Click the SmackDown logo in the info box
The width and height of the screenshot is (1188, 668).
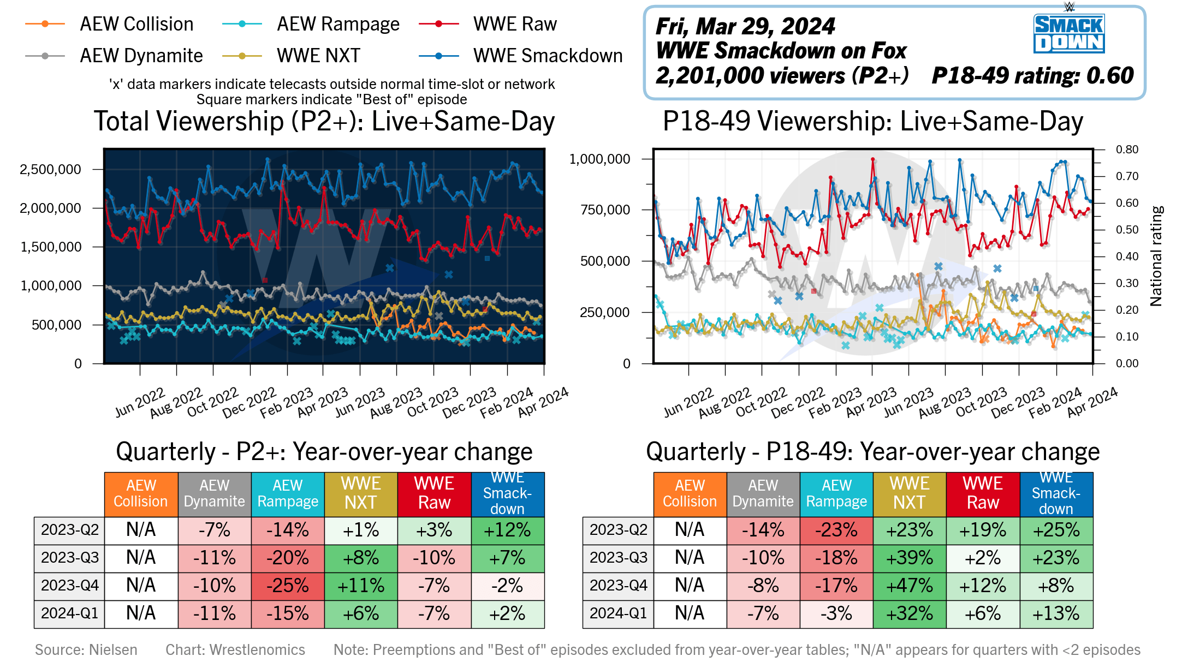coord(1068,33)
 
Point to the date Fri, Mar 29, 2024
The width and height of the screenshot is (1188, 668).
coord(745,26)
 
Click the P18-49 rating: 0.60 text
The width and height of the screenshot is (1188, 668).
coord(1032,75)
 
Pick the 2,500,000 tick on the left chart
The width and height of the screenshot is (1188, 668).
coord(50,169)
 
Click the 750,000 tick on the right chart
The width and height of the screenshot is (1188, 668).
coord(605,210)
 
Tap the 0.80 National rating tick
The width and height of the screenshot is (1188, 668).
coord(1127,150)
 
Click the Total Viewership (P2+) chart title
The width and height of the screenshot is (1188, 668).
coord(324,121)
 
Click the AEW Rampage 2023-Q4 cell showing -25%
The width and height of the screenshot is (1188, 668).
coord(288,586)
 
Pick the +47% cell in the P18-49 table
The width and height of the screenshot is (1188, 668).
coord(910,586)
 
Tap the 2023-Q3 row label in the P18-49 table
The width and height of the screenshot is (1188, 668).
coord(618,558)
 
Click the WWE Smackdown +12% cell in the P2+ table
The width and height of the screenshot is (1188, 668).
coord(508,530)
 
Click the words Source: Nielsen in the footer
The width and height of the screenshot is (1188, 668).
coord(86,649)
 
